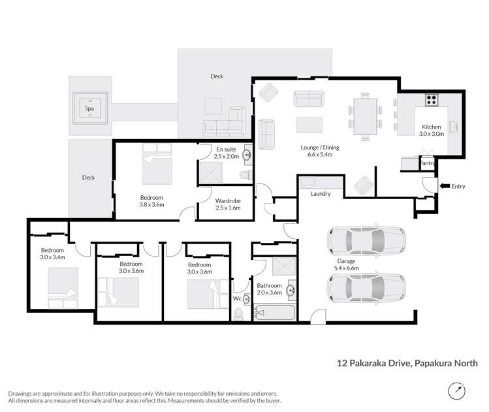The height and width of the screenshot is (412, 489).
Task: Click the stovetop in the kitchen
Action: click(431, 101)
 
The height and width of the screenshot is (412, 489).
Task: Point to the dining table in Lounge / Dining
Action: click(364, 116)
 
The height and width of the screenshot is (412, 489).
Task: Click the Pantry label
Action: click(427, 164)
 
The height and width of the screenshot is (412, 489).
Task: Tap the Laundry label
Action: click(320, 194)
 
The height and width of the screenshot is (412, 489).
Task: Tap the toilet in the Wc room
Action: click(239, 313)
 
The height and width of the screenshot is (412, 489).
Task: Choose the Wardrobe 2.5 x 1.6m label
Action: click(227, 204)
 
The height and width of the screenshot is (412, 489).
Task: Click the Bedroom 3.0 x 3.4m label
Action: click(52, 253)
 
